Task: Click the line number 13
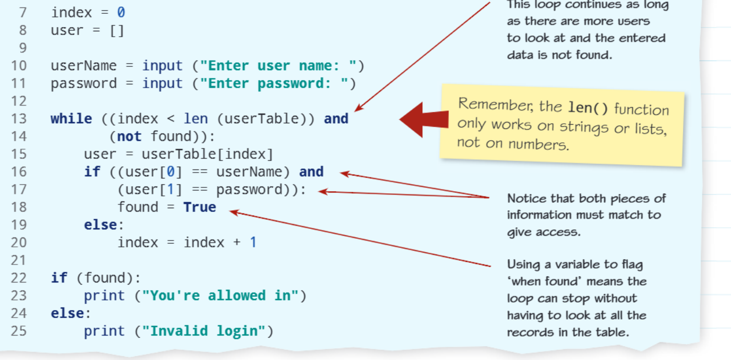pos(19,119)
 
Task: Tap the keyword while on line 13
pos(71,118)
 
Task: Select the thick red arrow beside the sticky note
pos(424,119)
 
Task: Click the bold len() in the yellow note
pos(588,108)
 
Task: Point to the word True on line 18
pos(200,207)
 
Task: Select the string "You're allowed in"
pos(220,296)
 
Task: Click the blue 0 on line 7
pos(121,12)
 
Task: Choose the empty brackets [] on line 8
pos(116,31)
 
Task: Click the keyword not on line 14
pos(129,136)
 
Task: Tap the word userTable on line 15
pos(179,154)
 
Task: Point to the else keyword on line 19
pos(100,225)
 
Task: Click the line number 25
pos(19,331)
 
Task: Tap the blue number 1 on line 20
pos(253,242)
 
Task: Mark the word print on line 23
pos(104,296)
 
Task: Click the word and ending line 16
pos(311,172)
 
